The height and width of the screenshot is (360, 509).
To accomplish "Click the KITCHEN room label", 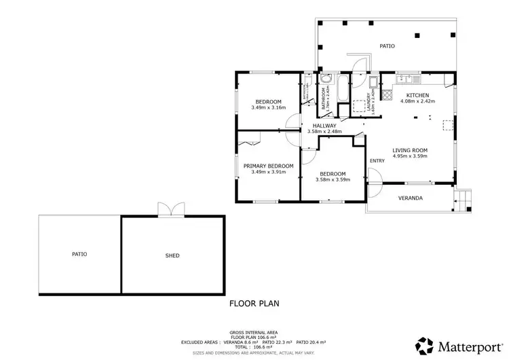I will point(417,94).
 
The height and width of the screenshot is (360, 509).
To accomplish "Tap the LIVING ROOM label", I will point(410,150).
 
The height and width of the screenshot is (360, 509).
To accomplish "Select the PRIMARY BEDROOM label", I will point(268,166).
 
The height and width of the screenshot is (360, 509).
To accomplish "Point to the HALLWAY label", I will point(324,125).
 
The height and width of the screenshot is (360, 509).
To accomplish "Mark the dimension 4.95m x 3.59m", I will point(410,157).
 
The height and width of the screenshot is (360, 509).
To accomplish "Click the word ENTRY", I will point(377,160).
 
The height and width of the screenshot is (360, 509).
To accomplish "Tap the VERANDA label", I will point(410,198).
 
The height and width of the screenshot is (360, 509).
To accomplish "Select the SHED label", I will point(172,255).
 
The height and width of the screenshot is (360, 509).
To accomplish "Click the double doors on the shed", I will point(168,211).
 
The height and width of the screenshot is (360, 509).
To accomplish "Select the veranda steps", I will point(464,200).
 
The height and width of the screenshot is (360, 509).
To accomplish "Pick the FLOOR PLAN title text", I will point(254,304).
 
